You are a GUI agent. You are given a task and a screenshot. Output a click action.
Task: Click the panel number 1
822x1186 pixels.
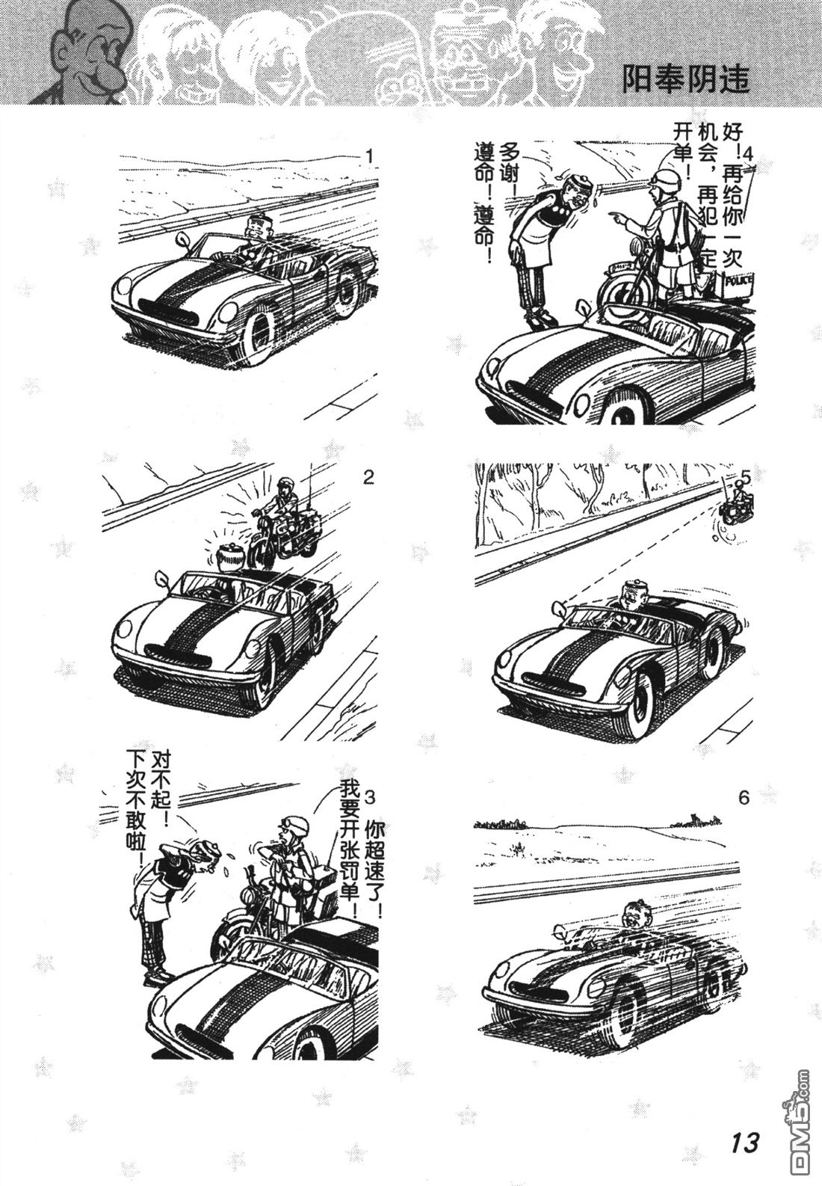point(370,156)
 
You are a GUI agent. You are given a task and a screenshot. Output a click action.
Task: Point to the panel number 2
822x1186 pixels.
point(368,477)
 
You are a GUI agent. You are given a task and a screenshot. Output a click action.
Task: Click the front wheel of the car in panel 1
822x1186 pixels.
point(260,336)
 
